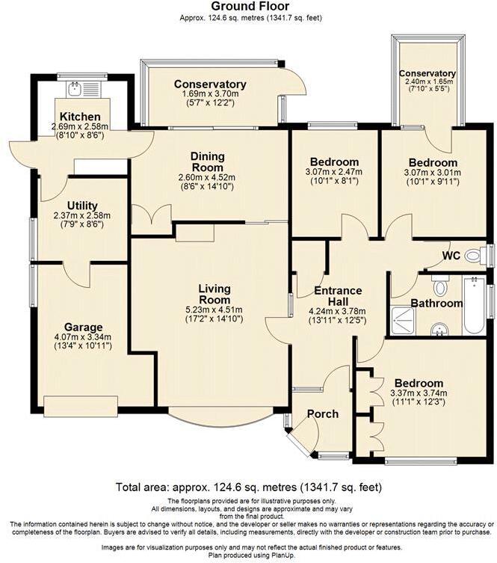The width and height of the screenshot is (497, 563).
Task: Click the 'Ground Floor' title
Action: (248, 7)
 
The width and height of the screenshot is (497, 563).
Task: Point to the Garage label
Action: (82, 327)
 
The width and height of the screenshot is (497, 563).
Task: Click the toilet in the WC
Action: (475, 256)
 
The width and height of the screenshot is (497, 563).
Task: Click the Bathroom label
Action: (436, 303)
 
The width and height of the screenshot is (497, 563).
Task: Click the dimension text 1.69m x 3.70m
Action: (210, 95)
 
